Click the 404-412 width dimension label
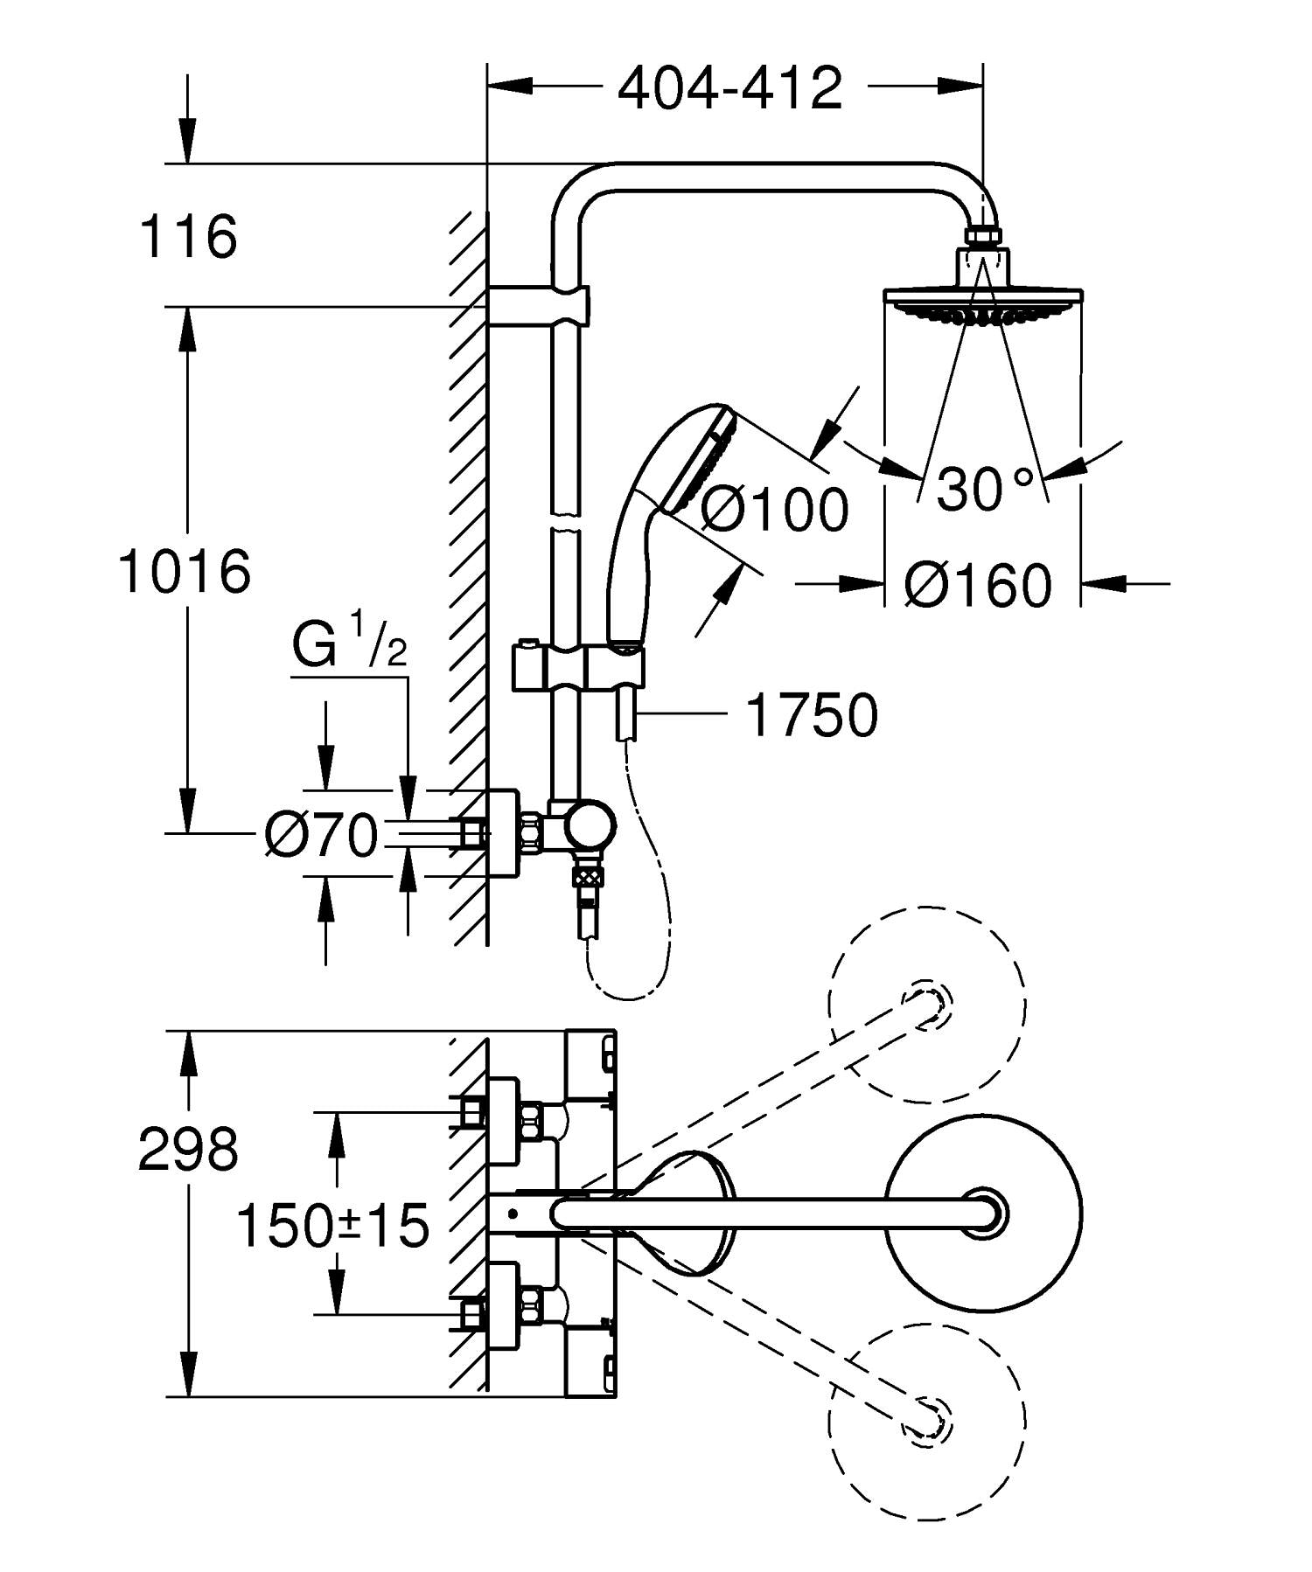pyautogui.click(x=729, y=88)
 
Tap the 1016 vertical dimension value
pyautogui.click(x=185, y=572)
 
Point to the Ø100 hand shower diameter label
pyautogui.click(x=774, y=509)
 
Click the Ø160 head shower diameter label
pyautogui.click(x=978, y=585)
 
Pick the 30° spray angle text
pyautogui.click(x=984, y=489)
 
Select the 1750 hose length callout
pyautogui.click(x=811, y=715)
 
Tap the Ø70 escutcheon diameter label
pyautogui.click(x=321, y=836)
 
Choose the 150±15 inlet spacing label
pyautogui.click(x=333, y=1225)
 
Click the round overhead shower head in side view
pyautogui.click(x=985, y=302)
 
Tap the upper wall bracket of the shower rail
pyautogui.click(x=538, y=306)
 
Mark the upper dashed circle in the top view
pyautogui.click(x=927, y=1005)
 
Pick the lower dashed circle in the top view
pyautogui.click(x=927, y=1422)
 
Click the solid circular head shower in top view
pyautogui.click(x=985, y=1214)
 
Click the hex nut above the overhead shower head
pyautogui.click(x=984, y=237)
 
